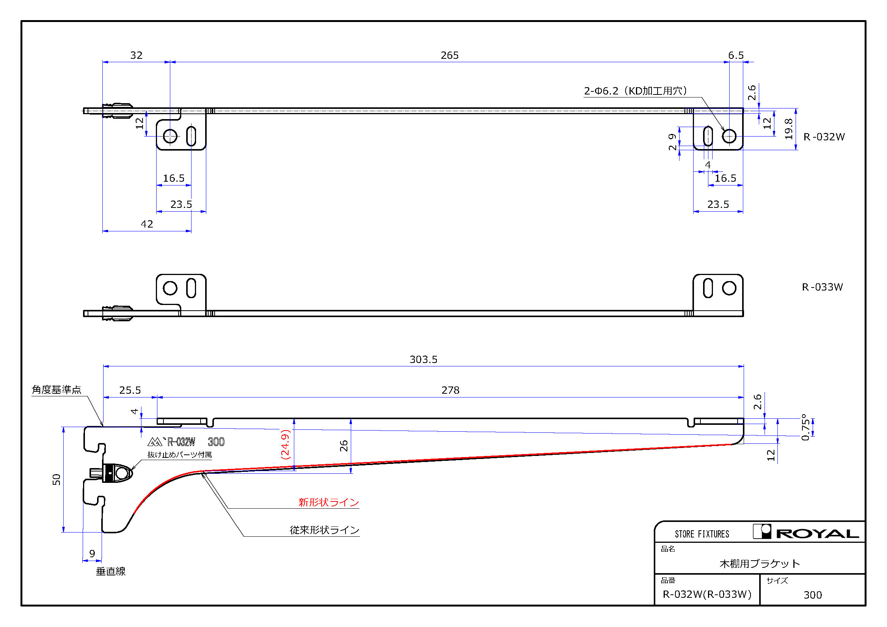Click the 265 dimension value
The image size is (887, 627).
(x=450, y=55)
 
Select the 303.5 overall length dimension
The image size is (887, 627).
(x=424, y=360)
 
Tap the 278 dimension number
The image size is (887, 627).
(x=451, y=390)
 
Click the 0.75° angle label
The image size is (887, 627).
(x=805, y=427)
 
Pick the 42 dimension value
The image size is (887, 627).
(x=147, y=224)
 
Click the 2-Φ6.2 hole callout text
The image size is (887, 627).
(x=636, y=91)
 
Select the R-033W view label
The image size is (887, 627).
(x=823, y=287)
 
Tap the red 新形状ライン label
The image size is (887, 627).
(x=329, y=502)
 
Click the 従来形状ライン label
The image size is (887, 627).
(x=325, y=530)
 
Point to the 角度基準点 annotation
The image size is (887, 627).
(x=57, y=390)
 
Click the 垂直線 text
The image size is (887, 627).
(x=111, y=571)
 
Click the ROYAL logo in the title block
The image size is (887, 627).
(x=806, y=532)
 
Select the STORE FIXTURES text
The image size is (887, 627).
(x=702, y=534)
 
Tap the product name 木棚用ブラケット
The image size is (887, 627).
(x=760, y=564)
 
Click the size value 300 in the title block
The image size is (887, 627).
(x=813, y=595)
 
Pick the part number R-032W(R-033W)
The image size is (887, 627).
(x=707, y=594)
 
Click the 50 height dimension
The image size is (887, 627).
(x=57, y=479)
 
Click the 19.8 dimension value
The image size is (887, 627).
(x=789, y=129)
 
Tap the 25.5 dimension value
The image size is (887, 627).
(x=130, y=390)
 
